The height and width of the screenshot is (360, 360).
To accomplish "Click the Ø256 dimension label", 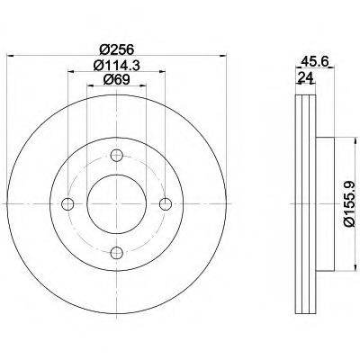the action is click(x=116, y=49).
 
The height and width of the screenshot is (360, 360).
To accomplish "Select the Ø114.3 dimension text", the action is click(x=117, y=66).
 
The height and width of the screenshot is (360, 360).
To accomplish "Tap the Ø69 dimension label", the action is click(x=116, y=80).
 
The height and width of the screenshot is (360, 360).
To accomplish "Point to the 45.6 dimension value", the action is click(x=313, y=61).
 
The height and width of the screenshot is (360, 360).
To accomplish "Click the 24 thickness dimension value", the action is click(x=305, y=77).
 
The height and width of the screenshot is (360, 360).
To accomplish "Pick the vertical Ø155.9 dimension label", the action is click(x=349, y=204).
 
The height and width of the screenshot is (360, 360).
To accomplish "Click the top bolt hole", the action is click(x=117, y=156).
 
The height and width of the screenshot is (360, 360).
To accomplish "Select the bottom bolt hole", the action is click(x=117, y=253).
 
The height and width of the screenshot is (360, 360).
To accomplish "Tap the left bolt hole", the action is click(x=67, y=204).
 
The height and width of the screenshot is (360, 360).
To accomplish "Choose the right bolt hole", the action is click(x=166, y=204).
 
